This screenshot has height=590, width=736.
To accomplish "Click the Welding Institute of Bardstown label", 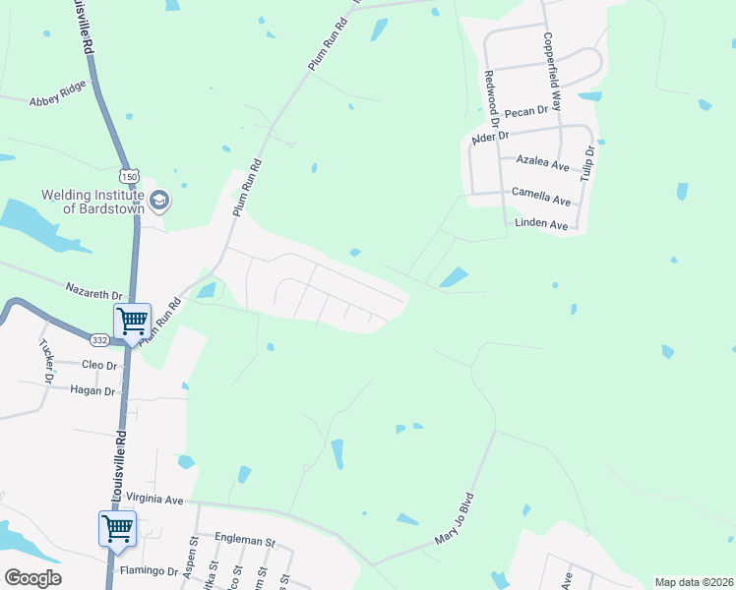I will pos(92,201).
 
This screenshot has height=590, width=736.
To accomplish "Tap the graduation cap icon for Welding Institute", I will pos(160,202).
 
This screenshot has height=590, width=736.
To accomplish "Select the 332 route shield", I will pos(99,339).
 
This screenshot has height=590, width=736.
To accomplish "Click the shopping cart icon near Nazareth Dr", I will pos(132,320).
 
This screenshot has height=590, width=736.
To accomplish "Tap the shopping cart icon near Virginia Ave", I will pos(117,527).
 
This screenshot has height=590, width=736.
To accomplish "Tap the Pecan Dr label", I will pos(524,113).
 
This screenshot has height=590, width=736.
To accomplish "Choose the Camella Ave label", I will pos(540,200).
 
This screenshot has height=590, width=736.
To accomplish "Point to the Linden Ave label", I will pos(542,225).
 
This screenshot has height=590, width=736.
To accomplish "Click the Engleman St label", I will pos(245,541).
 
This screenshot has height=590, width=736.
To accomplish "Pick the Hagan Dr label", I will pos(93,390).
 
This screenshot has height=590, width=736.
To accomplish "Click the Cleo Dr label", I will pos(97,365).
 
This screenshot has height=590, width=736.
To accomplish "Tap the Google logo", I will pos(33,577).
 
